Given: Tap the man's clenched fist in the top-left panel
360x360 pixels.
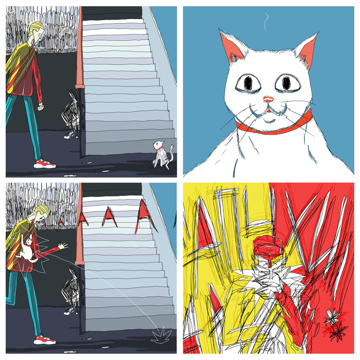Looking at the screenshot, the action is (41, 107).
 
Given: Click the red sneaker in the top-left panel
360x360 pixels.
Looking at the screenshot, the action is (45, 164).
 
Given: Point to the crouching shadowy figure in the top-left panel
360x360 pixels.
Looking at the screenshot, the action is (72, 115).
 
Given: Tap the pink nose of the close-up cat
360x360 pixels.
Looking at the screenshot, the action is (268, 99).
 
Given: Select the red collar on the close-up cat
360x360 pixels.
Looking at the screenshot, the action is (275, 126).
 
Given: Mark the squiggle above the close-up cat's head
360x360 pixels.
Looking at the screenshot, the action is (266, 22).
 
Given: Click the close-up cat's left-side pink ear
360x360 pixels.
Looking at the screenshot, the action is (231, 48).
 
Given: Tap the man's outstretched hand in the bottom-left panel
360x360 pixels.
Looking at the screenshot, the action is (62, 245).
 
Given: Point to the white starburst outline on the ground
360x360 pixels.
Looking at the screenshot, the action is (161, 336).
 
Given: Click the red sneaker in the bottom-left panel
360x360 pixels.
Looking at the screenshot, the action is (45, 339).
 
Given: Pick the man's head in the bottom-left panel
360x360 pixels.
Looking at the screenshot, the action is (41, 213).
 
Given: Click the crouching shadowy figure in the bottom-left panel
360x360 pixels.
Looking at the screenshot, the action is (72, 291).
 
